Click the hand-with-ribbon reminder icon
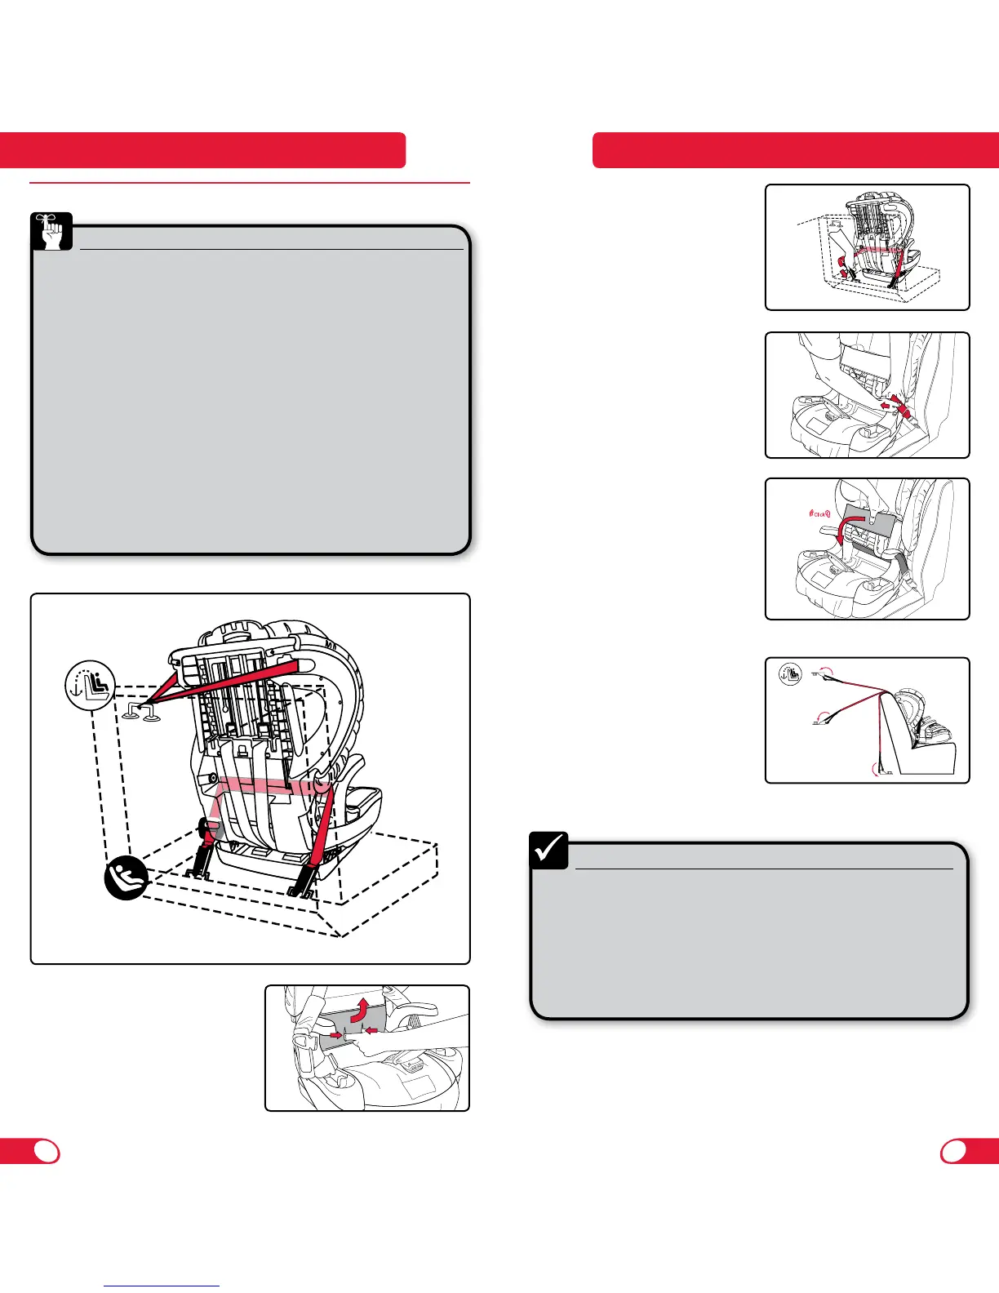point(51,232)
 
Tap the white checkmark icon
point(549,850)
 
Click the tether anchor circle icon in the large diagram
point(91,685)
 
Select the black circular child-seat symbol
point(126,880)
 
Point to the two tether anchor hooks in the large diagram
point(140,712)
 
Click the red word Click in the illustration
point(815,515)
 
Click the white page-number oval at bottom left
point(47,1151)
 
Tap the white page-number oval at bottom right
point(954,1151)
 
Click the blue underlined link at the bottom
point(162,1286)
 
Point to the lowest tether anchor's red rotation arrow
point(878,768)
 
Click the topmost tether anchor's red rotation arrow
point(828,673)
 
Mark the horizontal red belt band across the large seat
point(261,789)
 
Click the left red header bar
point(202,150)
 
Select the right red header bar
point(796,150)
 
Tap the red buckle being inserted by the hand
point(898,404)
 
